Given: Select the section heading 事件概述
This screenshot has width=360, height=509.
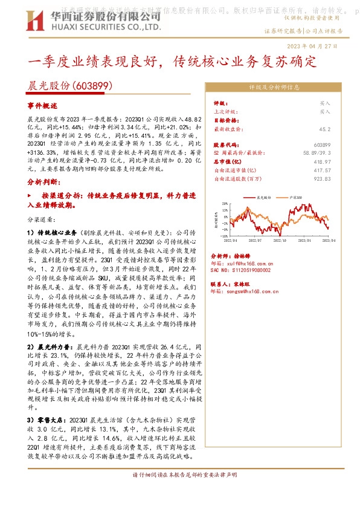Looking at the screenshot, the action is point(41,105).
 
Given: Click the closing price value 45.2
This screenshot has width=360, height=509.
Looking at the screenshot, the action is point(324,129).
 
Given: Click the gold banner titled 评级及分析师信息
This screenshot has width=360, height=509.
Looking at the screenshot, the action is point(274,87).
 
